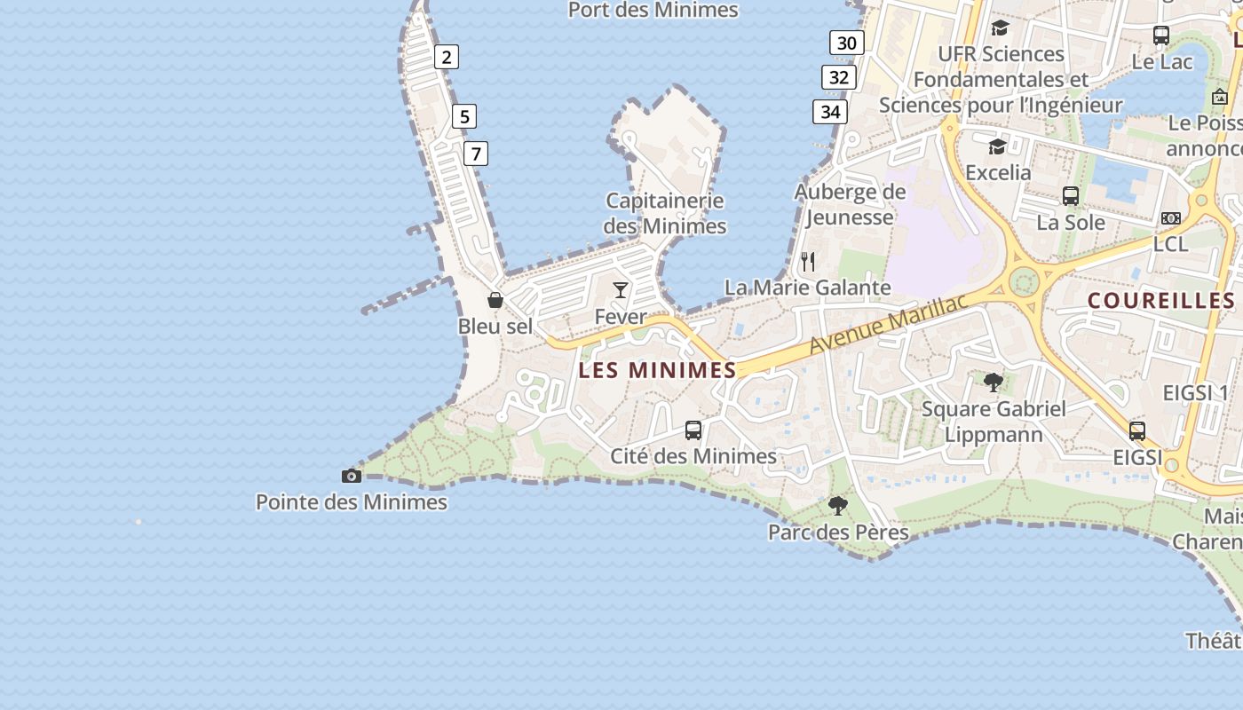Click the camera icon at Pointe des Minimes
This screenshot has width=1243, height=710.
[352, 476]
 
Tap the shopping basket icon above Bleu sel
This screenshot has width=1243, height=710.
[495, 300]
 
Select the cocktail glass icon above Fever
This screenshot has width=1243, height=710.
[621, 289]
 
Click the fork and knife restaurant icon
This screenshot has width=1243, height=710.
[808, 262]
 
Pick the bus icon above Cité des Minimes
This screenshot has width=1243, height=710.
[693, 430]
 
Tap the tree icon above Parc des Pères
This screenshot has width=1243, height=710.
[837, 506]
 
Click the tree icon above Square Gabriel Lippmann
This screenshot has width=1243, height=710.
[994, 383]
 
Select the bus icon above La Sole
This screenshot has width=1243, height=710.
[1071, 196]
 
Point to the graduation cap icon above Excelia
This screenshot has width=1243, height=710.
[998, 146]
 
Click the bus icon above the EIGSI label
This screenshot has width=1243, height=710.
[1137, 431]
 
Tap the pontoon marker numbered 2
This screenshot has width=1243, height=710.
[447, 58]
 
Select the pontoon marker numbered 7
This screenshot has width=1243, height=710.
[476, 154]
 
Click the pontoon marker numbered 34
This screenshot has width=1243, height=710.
[830, 112]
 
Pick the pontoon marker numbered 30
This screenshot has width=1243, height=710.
[847, 43]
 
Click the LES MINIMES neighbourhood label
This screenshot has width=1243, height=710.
[657, 370]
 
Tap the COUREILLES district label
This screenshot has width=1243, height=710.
[1161, 301]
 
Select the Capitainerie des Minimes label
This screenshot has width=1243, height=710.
[665, 213]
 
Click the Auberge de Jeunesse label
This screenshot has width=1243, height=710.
[850, 204]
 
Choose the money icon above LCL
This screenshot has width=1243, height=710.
[1171, 218]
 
